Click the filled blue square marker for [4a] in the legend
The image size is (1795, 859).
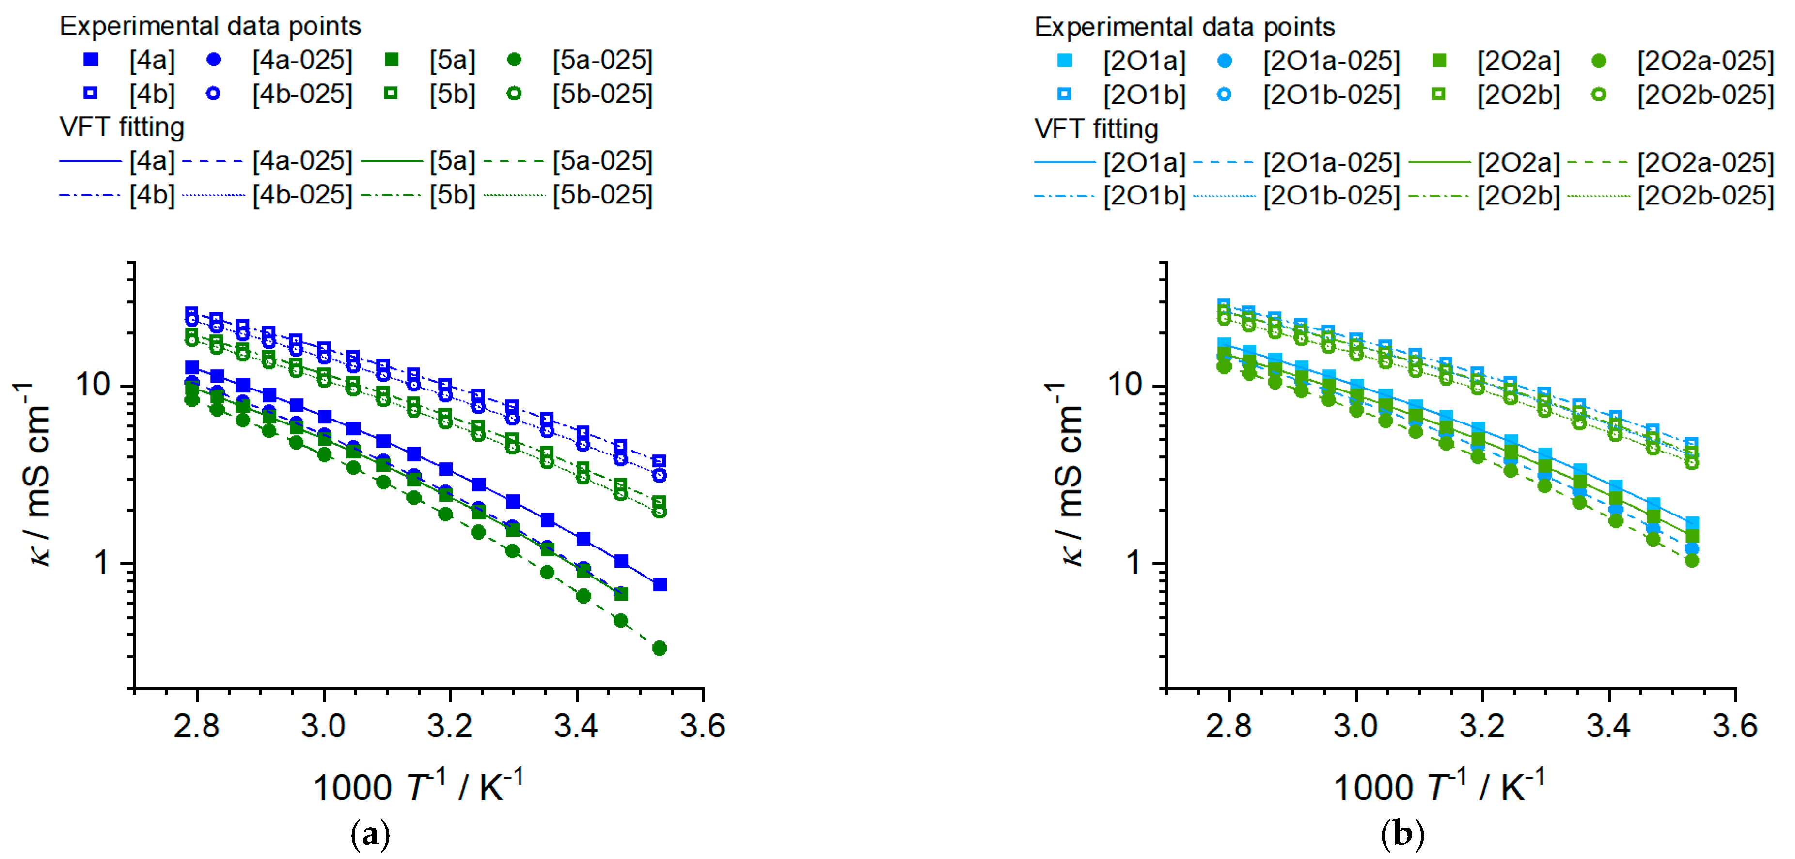click(90, 60)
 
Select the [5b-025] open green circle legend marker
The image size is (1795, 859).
click(514, 94)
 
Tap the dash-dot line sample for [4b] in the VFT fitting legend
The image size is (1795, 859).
click(91, 195)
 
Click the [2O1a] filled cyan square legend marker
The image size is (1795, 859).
click(1064, 61)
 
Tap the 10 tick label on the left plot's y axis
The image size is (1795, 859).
click(94, 385)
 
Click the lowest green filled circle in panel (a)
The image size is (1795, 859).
click(659, 649)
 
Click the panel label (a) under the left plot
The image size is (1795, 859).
click(370, 834)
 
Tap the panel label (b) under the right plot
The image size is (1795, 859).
click(1402, 834)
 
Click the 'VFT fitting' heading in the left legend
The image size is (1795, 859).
click(122, 127)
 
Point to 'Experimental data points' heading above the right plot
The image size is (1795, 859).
click(1184, 27)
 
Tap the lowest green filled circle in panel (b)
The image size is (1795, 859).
click(1691, 561)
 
